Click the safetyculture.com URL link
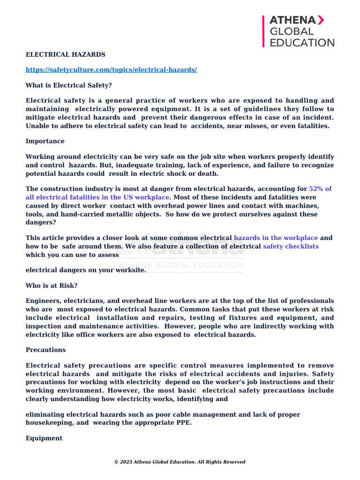coord(111,70)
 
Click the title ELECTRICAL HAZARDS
coord(65,55)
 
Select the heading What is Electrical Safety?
coord(68,85)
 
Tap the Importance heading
coord(45,141)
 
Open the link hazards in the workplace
coord(276,238)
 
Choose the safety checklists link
coord(291,247)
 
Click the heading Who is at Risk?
coord(52,285)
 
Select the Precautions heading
coord(45,350)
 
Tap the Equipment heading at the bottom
coord(44,438)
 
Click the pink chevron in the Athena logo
coord(321,20)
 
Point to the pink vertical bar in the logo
coord(264,31)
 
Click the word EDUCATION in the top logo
coord(302,43)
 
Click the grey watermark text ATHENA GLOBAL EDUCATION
coord(180,265)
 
